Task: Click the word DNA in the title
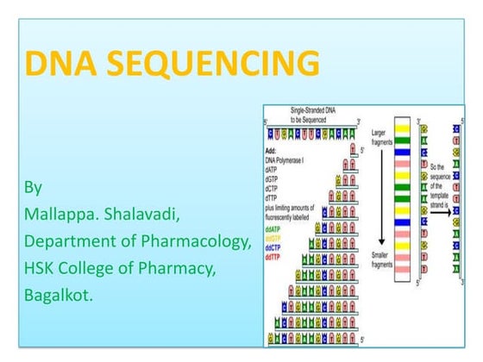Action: click(x=57, y=64)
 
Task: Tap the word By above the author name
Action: click(x=33, y=186)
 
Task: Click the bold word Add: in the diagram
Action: click(x=273, y=153)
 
